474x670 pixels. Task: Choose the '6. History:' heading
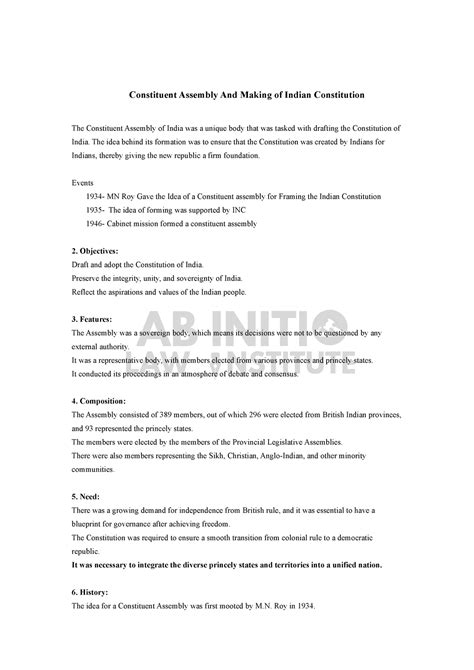(x=93, y=592)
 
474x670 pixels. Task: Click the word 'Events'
(x=84, y=184)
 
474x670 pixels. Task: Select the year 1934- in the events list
(x=101, y=198)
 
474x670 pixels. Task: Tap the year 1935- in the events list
(x=101, y=211)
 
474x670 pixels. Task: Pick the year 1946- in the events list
(x=101, y=224)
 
